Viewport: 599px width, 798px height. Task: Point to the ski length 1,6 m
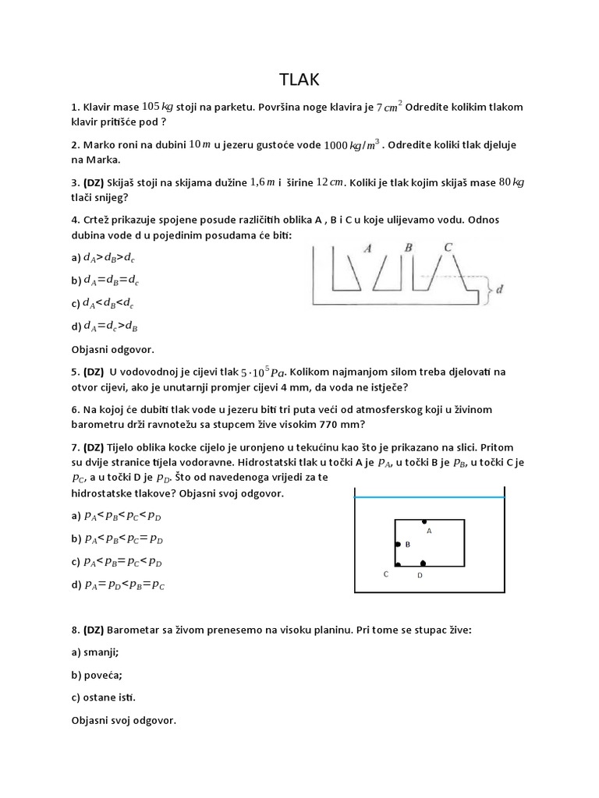click(x=263, y=182)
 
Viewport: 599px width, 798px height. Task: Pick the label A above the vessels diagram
click(x=367, y=248)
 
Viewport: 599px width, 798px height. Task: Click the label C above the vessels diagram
click(x=448, y=247)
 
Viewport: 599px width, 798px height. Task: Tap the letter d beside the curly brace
click(x=499, y=290)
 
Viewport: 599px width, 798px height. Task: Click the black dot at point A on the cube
click(x=424, y=521)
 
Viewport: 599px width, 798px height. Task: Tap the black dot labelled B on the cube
click(x=398, y=544)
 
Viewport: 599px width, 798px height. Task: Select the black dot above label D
click(x=424, y=563)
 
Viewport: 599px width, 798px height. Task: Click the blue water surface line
click(x=430, y=496)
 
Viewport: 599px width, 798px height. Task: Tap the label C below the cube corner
click(x=385, y=574)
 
